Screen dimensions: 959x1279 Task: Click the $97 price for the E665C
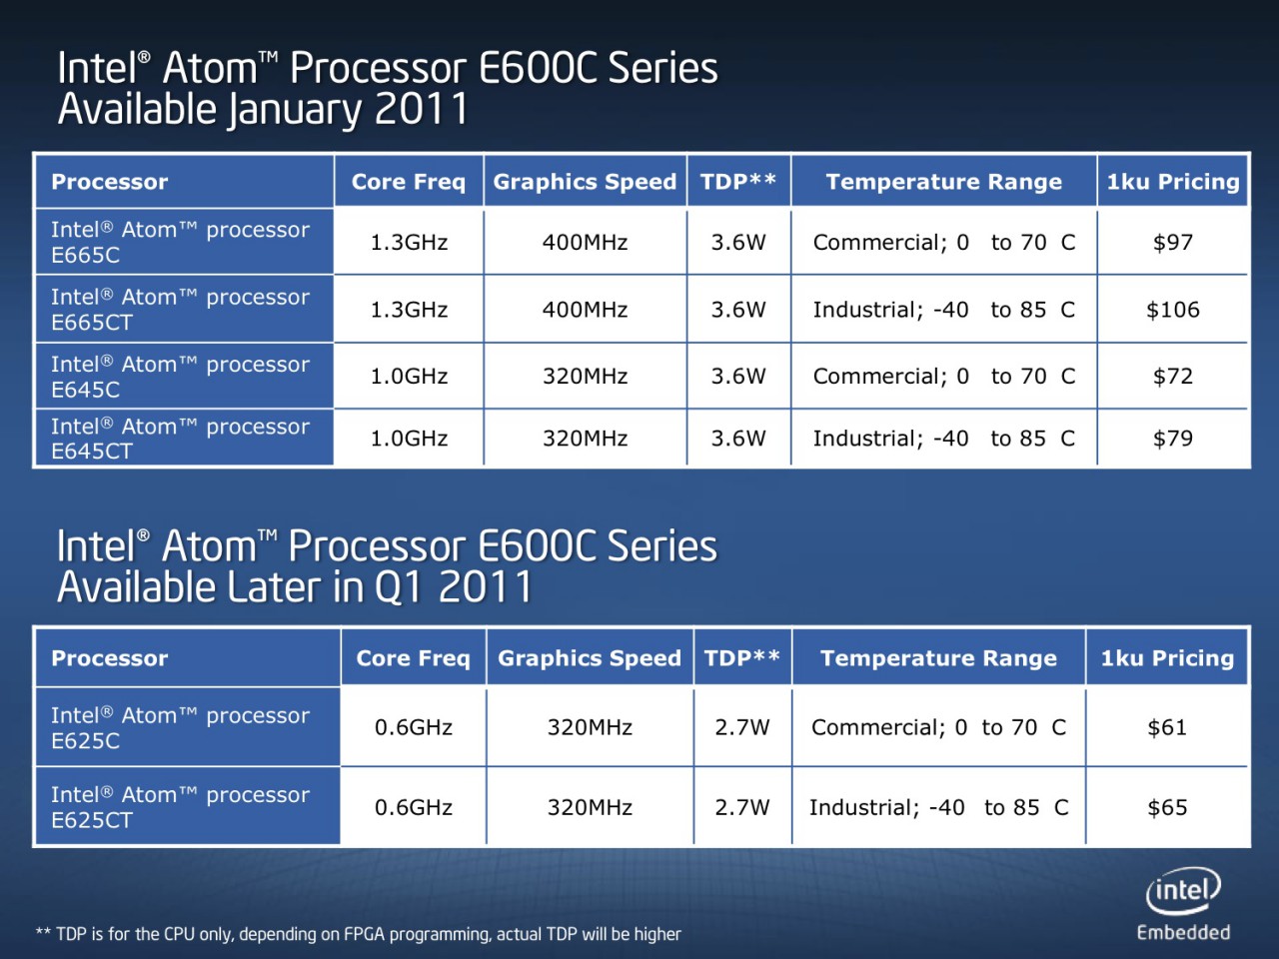[1172, 242]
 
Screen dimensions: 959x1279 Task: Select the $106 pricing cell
[1172, 310]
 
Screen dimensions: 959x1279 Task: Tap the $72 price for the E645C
[1172, 377]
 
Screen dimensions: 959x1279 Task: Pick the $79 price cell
[1172, 439]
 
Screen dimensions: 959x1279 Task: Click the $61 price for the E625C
[1166, 727]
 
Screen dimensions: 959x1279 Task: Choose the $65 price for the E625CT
[1166, 807]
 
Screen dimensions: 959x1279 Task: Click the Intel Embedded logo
[1183, 904]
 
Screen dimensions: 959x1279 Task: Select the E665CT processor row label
[180, 310]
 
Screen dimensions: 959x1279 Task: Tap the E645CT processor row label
[180, 439]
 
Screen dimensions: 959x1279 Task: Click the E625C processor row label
[180, 727]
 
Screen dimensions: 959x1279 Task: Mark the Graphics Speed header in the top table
[585, 182]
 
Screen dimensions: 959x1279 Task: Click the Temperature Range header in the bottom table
[938, 658]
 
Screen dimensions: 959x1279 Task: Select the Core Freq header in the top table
[408, 182]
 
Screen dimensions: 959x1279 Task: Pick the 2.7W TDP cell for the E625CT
[741, 807]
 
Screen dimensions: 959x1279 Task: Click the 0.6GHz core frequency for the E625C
[413, 727]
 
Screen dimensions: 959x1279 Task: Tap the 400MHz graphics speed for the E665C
[585, 242]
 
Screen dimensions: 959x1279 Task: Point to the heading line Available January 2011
[263, 109]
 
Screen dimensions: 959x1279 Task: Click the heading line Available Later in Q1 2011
[295, 587]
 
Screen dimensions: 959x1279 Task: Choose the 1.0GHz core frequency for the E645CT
[408, 439]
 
